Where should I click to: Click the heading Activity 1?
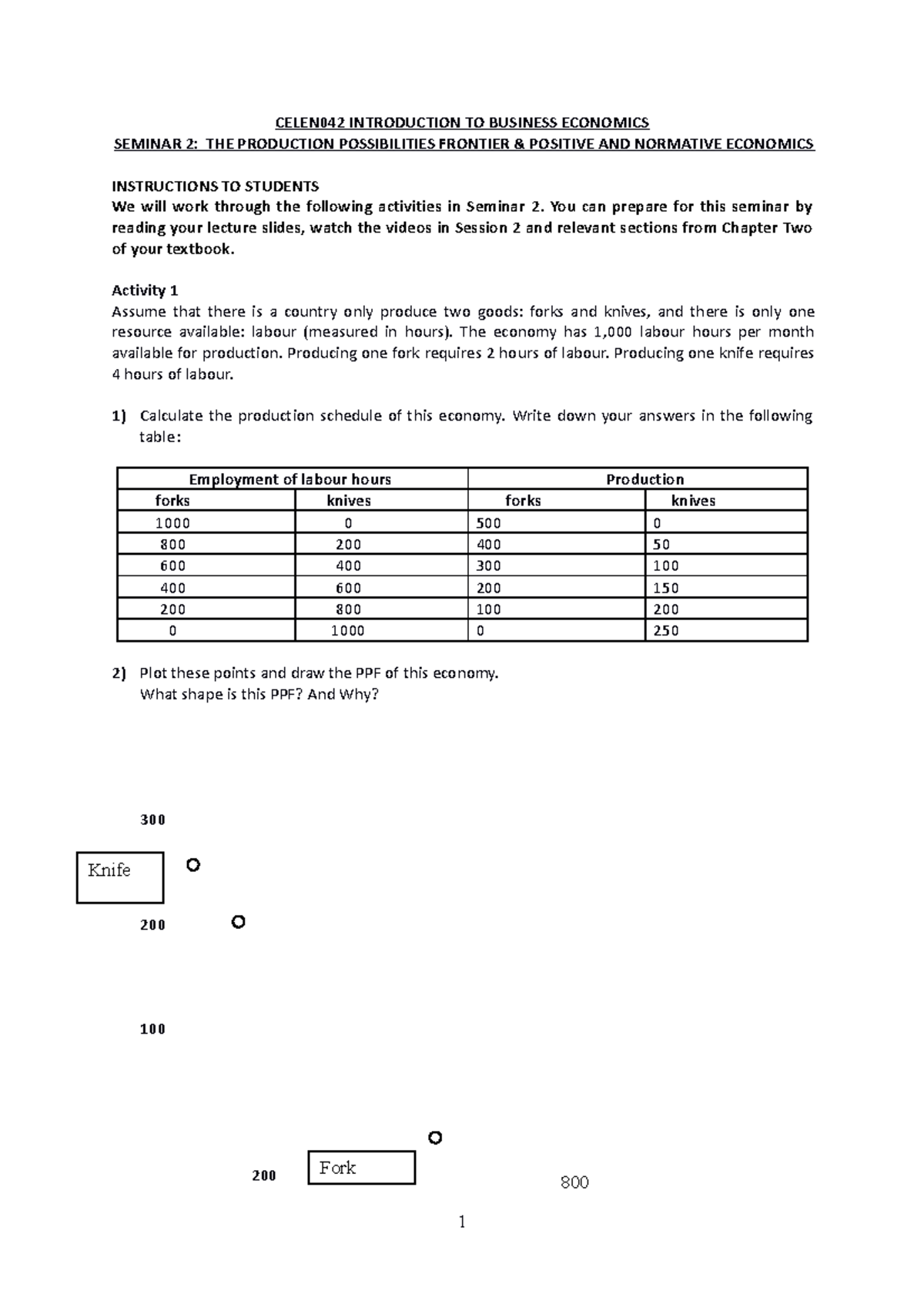pyautogui.click(x=145, y=290)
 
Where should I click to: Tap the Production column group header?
pyautogui.click(x=644, y=479)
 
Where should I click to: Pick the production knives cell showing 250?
pyautogui.click(x=666, y=631)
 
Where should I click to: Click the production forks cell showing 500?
pyautogui.click(x=489, y=523)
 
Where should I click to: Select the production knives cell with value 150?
pyautogui.click(x=666, y=588)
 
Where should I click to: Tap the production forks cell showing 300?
pyautogui.click(x=489, y=566)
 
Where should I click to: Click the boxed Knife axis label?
pyautogui.click(x=120, y=877)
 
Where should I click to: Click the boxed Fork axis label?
pyautogui.click(x=361, y=1167)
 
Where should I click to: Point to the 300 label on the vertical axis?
pyautogui.click(x=152, y=820)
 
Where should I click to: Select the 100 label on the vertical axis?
pyautogui.click(x=152, y=1029)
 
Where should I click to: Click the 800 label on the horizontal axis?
pyautogui.click(x=574, y=1182)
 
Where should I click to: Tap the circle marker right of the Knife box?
pyautogui.click(x=193, y=865)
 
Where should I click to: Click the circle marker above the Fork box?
pyautogui.click(x=435, y=1138)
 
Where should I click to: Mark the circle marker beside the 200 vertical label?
pyautogui.click(x=239, y=922)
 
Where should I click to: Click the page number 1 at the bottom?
pyautogui.click(x=462, y=1222)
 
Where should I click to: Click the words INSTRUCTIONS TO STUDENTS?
pyautogui.click(x=215, y=186)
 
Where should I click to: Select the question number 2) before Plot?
pyautogui.click(x=119, y=673)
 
